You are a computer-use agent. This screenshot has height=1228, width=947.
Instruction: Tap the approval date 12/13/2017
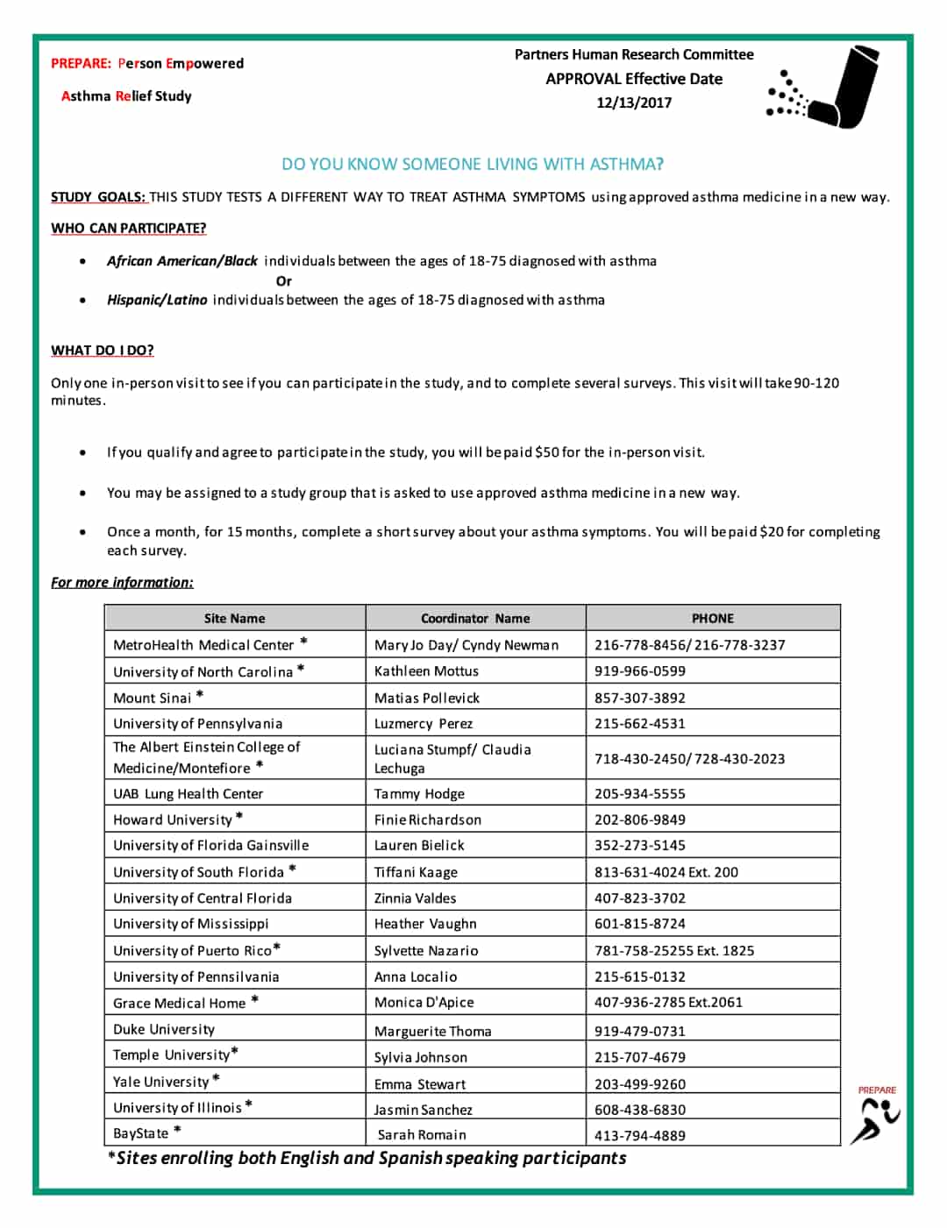(x=633, y=103)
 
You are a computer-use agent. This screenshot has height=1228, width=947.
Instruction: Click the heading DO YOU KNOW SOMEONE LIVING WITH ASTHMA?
(x=472, y=164)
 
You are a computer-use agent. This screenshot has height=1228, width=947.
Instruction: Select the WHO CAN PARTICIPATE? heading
(x=128, y=228)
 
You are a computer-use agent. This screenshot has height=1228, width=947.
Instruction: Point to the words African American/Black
(x=182, y=261)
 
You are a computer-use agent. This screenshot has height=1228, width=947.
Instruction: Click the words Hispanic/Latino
(x=157, y=300)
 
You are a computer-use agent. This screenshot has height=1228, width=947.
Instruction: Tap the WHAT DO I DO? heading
(x=102, y=351)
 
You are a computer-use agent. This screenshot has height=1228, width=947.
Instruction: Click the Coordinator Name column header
(x=474, y=618)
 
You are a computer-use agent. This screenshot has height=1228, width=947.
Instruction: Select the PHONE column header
(x=712, y=618)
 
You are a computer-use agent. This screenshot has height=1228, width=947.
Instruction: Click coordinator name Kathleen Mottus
(x=426, y=671)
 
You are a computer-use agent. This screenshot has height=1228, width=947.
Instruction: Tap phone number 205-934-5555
(x=639, y=794)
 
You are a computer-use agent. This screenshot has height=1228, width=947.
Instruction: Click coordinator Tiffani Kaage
(x=416, y=872)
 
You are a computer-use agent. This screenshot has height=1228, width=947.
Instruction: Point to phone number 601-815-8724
(x=639, y=924)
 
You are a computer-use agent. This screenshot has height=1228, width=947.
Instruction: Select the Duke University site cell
(x=164, y=1029)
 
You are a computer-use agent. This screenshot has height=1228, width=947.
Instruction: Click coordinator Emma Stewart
(x=420, y=1084)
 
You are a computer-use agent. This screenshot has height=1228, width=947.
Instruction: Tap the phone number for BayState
(x=639, y=1136)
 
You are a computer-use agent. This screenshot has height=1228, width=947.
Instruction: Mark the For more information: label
(x=122, y=583)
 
